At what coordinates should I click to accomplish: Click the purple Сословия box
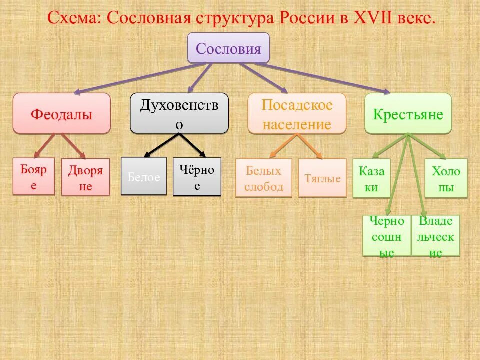[x=228, y=48]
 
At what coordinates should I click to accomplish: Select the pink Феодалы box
[x=62, y=114]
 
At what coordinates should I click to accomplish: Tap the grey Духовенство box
[x=179, y=113]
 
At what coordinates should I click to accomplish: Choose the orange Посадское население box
[x=297, y=114]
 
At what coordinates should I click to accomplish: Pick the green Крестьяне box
[x=408, y=114]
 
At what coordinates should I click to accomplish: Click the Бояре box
[x=33, y=177]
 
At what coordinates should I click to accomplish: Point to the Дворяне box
[x=85, y=177]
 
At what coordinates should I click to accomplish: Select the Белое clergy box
[x=144, y=177]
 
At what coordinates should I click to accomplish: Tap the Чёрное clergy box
[x=197, y=177]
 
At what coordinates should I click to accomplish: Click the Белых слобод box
[x=263, y=178]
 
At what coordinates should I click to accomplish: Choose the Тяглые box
[x=322, y=178]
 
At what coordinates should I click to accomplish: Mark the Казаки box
[x=371, y=178]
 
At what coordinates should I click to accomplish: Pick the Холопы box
[x=446, y=178]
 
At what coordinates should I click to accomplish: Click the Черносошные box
[x=386, y=236]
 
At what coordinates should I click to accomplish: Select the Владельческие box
[x=435, y=236]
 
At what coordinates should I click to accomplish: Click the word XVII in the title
[x=374, y=18]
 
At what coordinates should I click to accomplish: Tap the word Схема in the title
[x=73, y=18]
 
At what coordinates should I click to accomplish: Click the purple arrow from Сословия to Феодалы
[x=140, y=78]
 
